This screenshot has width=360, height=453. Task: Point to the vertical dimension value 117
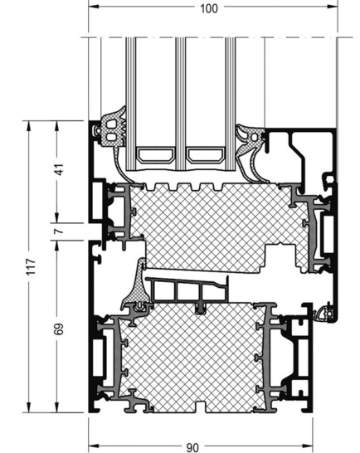30,266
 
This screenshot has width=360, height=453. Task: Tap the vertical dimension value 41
58,170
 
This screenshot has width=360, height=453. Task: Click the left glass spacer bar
155,154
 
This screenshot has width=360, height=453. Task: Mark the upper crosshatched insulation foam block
207,224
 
